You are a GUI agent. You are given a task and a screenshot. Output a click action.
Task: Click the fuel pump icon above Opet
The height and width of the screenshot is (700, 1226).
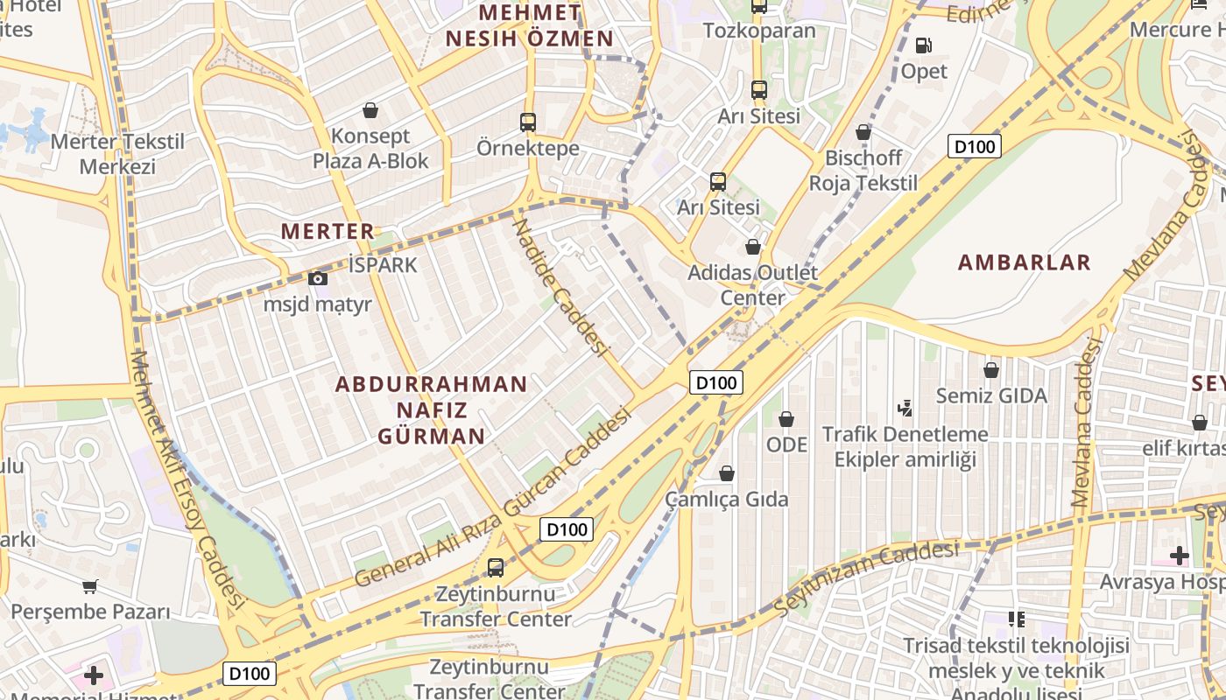coord(923,45)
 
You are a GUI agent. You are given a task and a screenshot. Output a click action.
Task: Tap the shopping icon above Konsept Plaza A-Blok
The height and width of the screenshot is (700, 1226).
coord(370,111)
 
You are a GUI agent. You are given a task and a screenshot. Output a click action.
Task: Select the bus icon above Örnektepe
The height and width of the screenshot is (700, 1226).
coord(527,122)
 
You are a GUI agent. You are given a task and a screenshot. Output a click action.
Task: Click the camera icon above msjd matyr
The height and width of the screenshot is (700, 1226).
coord(317,279)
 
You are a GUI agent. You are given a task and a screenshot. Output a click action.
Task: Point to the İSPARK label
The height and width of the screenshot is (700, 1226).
coord(383,265)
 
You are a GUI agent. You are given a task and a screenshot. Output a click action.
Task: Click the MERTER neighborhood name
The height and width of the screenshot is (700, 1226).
coord(328,232)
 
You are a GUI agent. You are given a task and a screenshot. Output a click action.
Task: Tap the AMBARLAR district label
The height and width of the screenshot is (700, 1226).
coord(1024,262)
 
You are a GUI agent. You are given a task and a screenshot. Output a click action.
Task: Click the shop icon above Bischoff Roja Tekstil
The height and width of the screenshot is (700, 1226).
coord(863,133)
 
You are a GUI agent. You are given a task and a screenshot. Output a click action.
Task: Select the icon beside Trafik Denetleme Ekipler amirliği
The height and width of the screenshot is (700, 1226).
coord(905,408)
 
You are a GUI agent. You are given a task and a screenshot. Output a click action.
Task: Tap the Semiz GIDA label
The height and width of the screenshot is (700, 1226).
coord(991,395)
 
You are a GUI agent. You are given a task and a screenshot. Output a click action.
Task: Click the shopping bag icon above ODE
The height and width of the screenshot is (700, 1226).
coord(786,420)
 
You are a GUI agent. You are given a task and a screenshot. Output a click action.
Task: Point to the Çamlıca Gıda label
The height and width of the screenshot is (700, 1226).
coord(727,500)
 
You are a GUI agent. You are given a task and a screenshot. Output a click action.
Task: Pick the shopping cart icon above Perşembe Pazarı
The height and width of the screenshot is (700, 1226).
coord(89,586)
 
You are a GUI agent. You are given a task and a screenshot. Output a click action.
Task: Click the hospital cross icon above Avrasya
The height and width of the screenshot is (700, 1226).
coord(1179,555)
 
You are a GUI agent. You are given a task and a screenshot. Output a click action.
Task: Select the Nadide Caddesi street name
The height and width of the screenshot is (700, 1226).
coord(560,286)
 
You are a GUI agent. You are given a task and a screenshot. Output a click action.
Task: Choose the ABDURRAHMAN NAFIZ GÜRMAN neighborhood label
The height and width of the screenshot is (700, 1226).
coord(432,410)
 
